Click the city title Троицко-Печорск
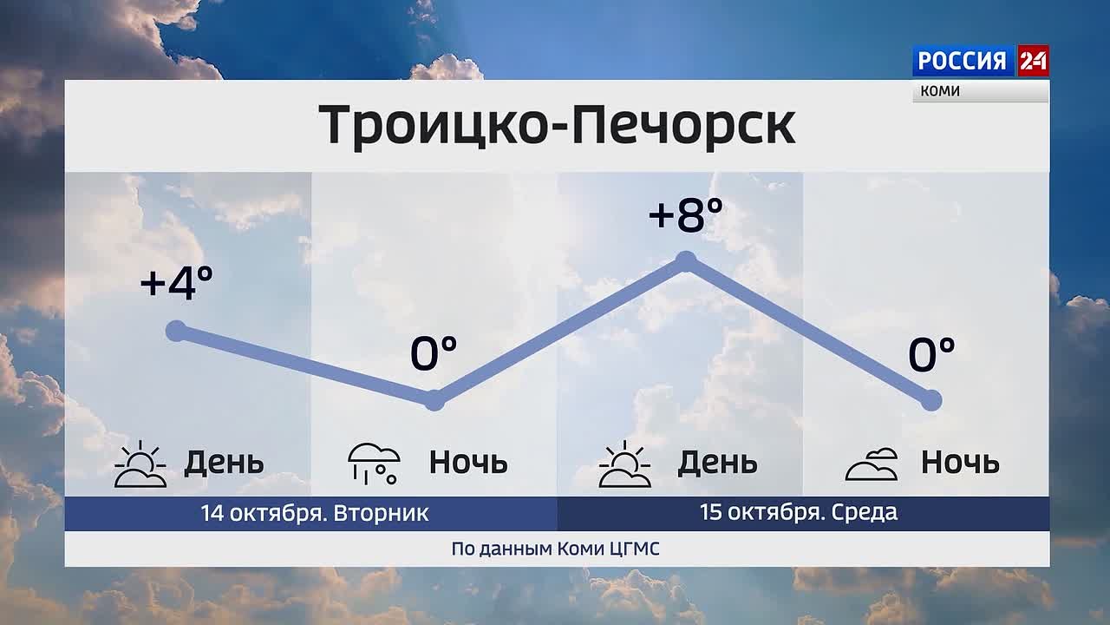click(x=557, y=125)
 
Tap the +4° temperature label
click(x=177, y=283)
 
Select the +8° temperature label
click(x=686, y=214)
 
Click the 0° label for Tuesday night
click(x=434, y=352)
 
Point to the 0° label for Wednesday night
click(x=931, y=353)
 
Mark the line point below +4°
click(x=176, y=331)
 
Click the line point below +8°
click(x=686, y=261)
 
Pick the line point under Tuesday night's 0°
click(x=434, y=400)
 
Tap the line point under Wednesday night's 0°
click(x=931, y=400)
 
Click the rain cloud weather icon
click(x=374, y=464)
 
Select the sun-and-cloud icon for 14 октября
click(x=140, y=464)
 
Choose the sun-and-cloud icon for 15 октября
click(x=624, y=464)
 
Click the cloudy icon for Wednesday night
click(x=872, y=464)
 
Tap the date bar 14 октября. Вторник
click(x=310, y=513)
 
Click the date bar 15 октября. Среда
click(x=803, y=513)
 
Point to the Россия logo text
click(x=963, y=61)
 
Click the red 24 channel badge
click(x=1033, y=61)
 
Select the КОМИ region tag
click(x=940, y=91)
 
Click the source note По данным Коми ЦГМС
click(x=556, y=549)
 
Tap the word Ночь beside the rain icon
click(x=468, y=463)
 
